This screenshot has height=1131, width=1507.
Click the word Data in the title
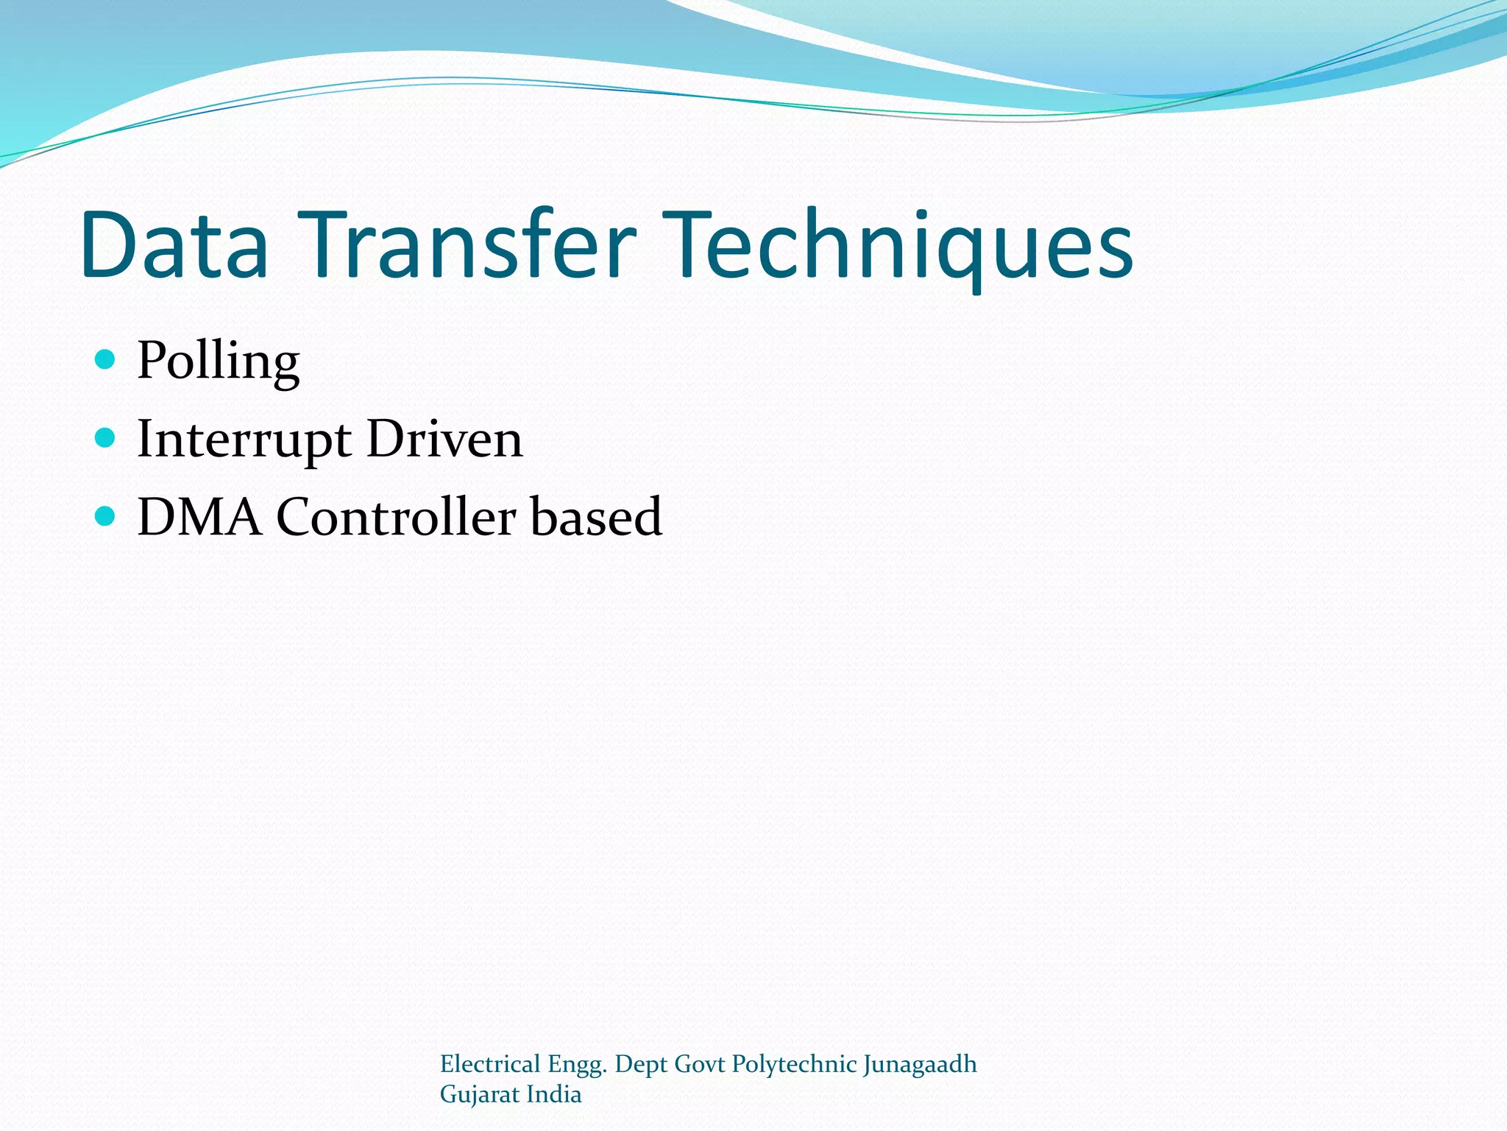(175, 244)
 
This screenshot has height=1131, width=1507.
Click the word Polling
(219, 362)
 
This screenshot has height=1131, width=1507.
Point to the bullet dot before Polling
(106, 359)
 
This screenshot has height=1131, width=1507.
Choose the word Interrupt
(244, 440)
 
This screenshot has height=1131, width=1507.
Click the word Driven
(444, 440)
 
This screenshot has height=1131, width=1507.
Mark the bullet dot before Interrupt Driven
(106, 438)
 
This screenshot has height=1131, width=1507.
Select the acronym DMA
(199, 517)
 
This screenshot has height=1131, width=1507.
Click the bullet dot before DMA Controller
(106, 516)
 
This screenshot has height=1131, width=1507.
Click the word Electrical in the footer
(490, 1064)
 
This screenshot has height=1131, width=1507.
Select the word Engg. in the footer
(578, 1065)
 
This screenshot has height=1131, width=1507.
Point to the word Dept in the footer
(640, 1065)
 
